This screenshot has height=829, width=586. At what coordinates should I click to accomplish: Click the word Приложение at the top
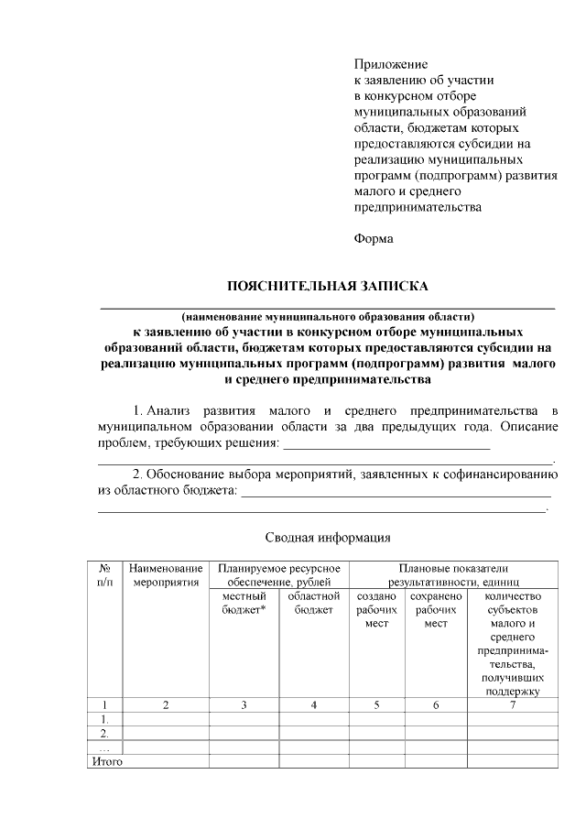pos(391,64)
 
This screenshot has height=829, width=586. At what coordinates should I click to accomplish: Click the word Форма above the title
pos(374,239)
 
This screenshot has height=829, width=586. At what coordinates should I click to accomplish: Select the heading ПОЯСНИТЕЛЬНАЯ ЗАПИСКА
pos(328,287)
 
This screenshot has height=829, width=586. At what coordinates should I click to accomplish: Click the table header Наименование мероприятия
pos(166,574)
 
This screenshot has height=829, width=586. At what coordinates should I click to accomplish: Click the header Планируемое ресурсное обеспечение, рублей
pos(278,574)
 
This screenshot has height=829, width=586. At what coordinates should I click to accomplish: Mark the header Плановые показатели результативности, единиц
pos(453,574)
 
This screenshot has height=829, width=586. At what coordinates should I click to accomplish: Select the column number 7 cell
pos(513,704)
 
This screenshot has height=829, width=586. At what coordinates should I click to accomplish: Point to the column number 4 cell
pos(313,704)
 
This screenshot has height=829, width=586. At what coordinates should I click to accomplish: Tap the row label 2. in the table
pos(104,732)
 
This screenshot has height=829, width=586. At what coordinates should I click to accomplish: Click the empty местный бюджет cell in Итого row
pos(244,760)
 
